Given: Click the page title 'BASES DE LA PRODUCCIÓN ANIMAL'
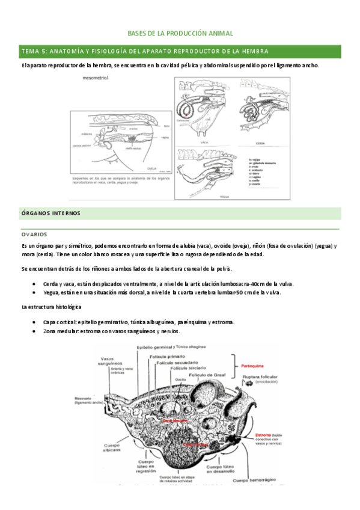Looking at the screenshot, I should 181,34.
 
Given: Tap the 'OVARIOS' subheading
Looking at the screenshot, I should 34,234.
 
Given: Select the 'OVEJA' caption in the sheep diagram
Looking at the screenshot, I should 151,170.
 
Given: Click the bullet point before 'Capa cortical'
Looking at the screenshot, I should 38,322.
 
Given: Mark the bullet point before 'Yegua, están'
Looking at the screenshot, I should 38,292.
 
